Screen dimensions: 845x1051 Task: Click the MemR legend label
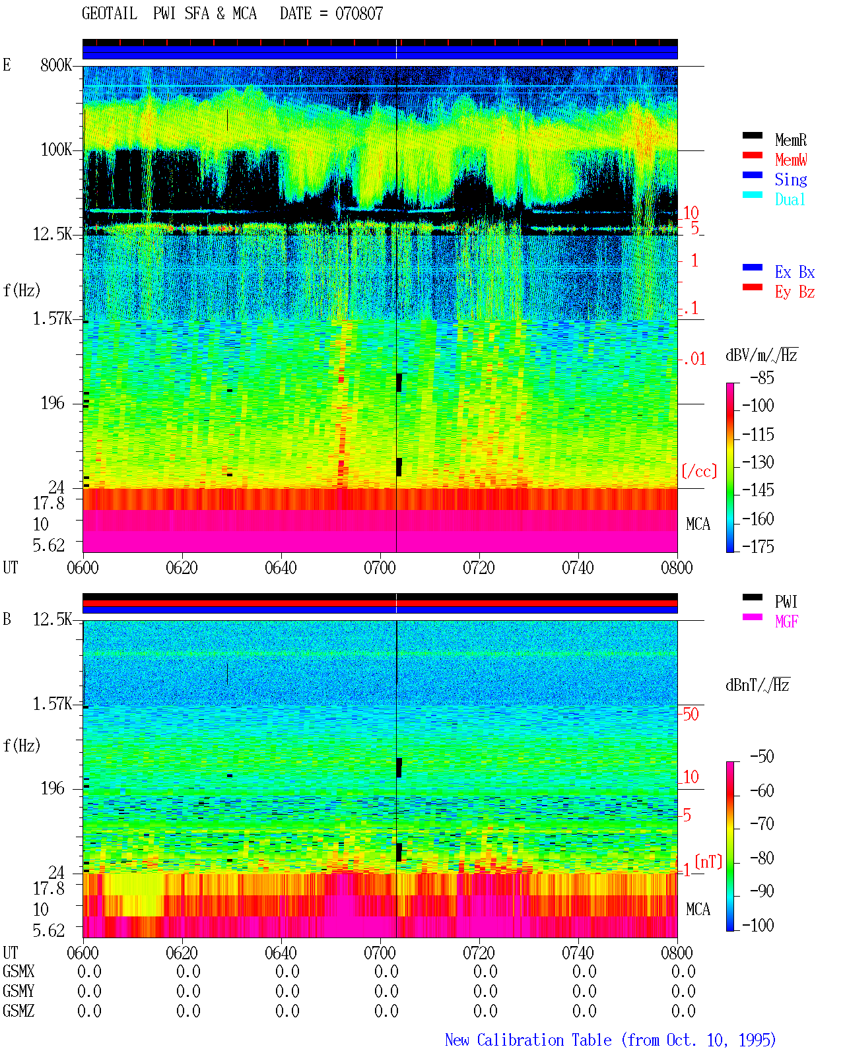[x=790, y=140]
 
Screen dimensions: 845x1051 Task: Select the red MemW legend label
[x=790, y=160]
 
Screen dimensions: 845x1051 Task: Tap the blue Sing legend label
[x=790, y=179]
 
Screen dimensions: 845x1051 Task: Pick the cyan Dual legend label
[x=790, y=199]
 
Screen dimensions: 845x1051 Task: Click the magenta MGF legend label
[x=786, y=621]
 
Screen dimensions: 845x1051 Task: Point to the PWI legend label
[x=786, y=601]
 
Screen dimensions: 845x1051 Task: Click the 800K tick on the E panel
[x=56, y=65]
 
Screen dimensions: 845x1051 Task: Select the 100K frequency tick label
[x=56, y=150]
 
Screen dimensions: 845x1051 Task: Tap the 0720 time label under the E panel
[x=479, y=567]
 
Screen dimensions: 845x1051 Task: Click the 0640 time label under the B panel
[x=281, y=953]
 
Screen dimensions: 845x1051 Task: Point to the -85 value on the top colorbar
[x=762, y=377]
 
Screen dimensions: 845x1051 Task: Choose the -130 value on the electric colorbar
[x=758, y=462]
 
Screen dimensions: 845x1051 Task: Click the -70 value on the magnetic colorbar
[x=762, y=823]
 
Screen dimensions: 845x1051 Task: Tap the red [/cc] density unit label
[x=699, y=471]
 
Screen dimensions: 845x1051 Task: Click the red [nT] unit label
[x=708, y=862]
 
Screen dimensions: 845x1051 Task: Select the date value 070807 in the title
[x=359, y=14]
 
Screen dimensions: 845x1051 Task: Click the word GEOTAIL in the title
[x=110, y=14]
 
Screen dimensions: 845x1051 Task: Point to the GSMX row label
[x=18, y=972]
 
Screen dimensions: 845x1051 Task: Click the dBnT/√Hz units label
[x=757, y=685]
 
